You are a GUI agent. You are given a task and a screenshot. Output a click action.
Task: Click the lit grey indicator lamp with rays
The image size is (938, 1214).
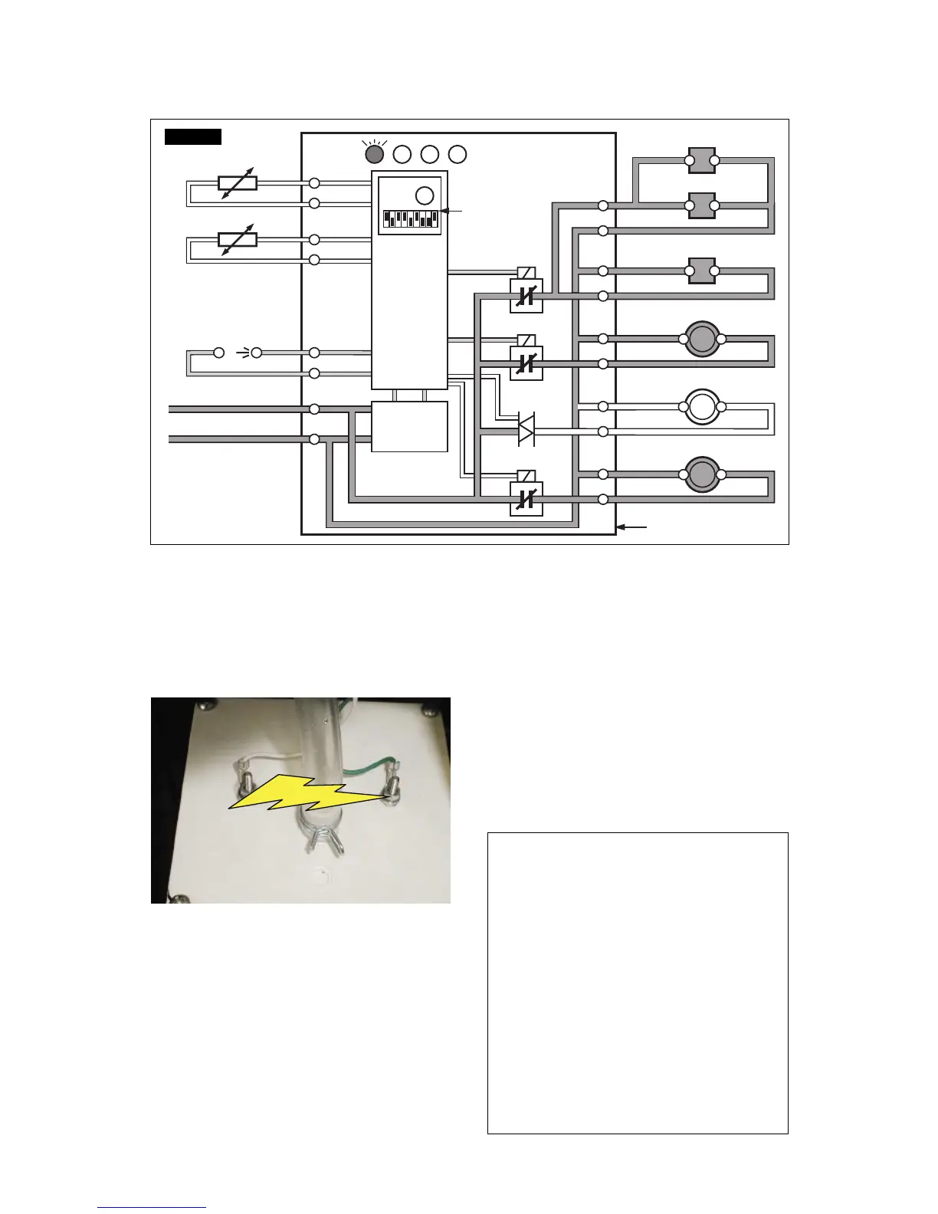pyautogui.click(x=374, y=154)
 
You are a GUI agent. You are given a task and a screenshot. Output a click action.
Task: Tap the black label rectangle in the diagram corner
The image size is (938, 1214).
pyautogui.click(x=193, y=136)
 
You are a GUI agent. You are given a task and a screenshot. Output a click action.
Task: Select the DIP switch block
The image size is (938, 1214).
pyautogui.click(x=411, y=219)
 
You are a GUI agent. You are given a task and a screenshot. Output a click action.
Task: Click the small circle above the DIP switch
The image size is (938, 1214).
pyautogui.click(x=423, y=193)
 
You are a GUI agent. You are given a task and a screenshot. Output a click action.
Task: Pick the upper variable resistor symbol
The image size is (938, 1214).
pyautogui.click(x=238, y=183)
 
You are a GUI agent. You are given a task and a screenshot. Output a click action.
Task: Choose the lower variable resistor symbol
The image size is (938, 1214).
pyautogui.click(x=238, y=240)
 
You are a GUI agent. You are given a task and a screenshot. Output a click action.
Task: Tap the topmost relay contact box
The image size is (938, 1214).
pyautogui.click(x=526, y=296)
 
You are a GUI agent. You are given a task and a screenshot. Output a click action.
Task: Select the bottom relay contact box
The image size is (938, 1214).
pyautogui.click(x=526, y=499)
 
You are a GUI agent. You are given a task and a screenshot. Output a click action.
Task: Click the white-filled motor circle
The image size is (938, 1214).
pyautogui.click(x=701, y=406)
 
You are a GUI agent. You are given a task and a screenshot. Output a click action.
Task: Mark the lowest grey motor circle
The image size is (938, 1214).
pyautogui.click(x=701, y=474)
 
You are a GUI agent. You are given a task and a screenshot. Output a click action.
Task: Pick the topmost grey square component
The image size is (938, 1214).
pyautogui.click(x=702, y=161)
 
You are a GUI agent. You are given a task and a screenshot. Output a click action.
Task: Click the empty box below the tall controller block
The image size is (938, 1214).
pyautogui.click(x=409, y=427)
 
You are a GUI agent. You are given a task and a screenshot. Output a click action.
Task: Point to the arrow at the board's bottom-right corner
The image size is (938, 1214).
pyautogui.click(x=633, y=527)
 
